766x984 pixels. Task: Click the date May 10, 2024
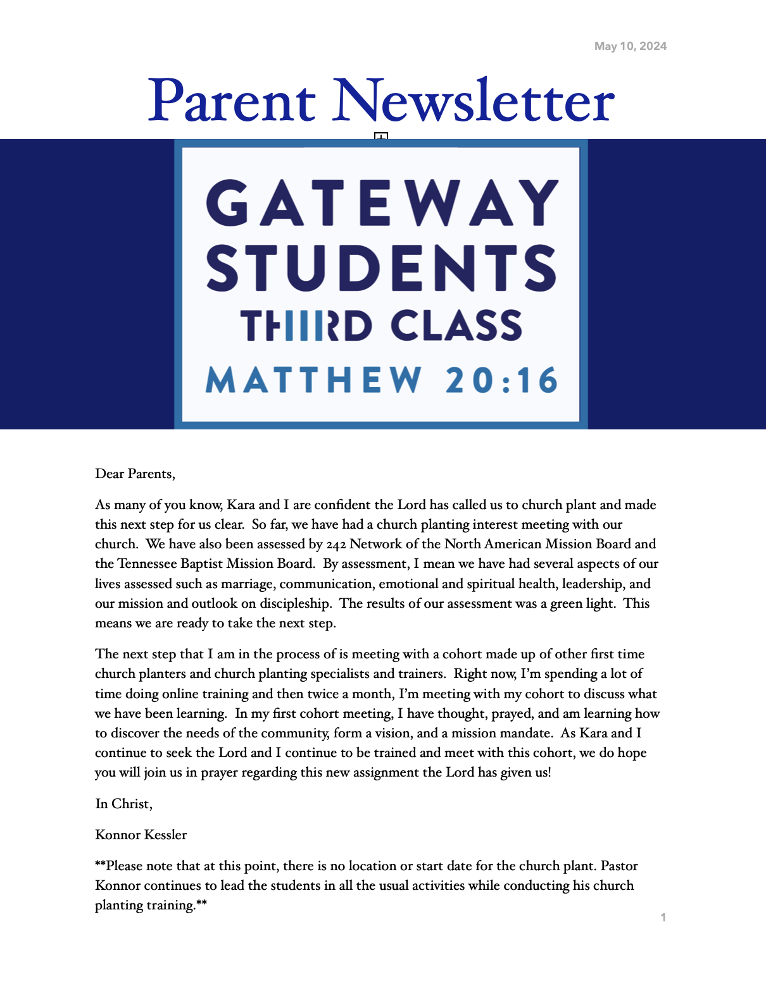click(630, 46)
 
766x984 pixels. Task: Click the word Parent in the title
click(232, 101)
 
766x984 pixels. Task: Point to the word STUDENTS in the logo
click(382, 268)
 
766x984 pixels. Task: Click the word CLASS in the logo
click(456, 326)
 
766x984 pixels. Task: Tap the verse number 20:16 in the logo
click(501, 381)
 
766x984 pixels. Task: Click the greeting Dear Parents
click(135, 474)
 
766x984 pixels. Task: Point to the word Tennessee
click(147, 563)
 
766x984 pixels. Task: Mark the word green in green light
click(567, 603)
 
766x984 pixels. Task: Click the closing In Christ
click(123, 804)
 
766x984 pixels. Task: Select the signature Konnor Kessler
click(141, 835)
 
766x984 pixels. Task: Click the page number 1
click(663, 918)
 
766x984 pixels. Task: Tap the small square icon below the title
click(380, 137)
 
